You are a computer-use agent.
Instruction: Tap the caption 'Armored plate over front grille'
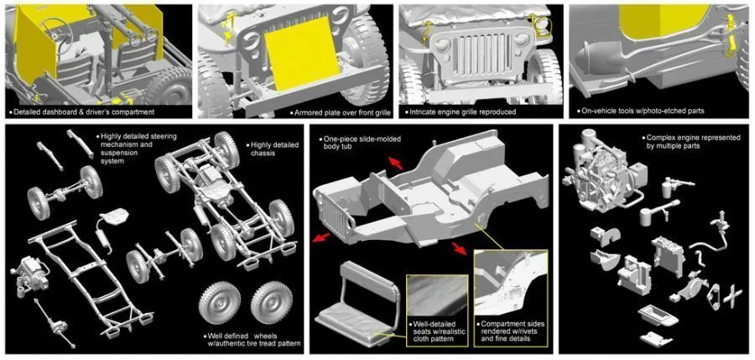tap(339, 112)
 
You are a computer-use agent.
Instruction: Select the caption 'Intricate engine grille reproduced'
tap(462, 112)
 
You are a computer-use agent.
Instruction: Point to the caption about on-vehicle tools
tap(643, 111)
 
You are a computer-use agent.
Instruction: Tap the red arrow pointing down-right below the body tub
tap(459, 248)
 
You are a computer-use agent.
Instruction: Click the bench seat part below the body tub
tap(358, 304)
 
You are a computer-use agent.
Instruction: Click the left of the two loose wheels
tap(220, 303)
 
